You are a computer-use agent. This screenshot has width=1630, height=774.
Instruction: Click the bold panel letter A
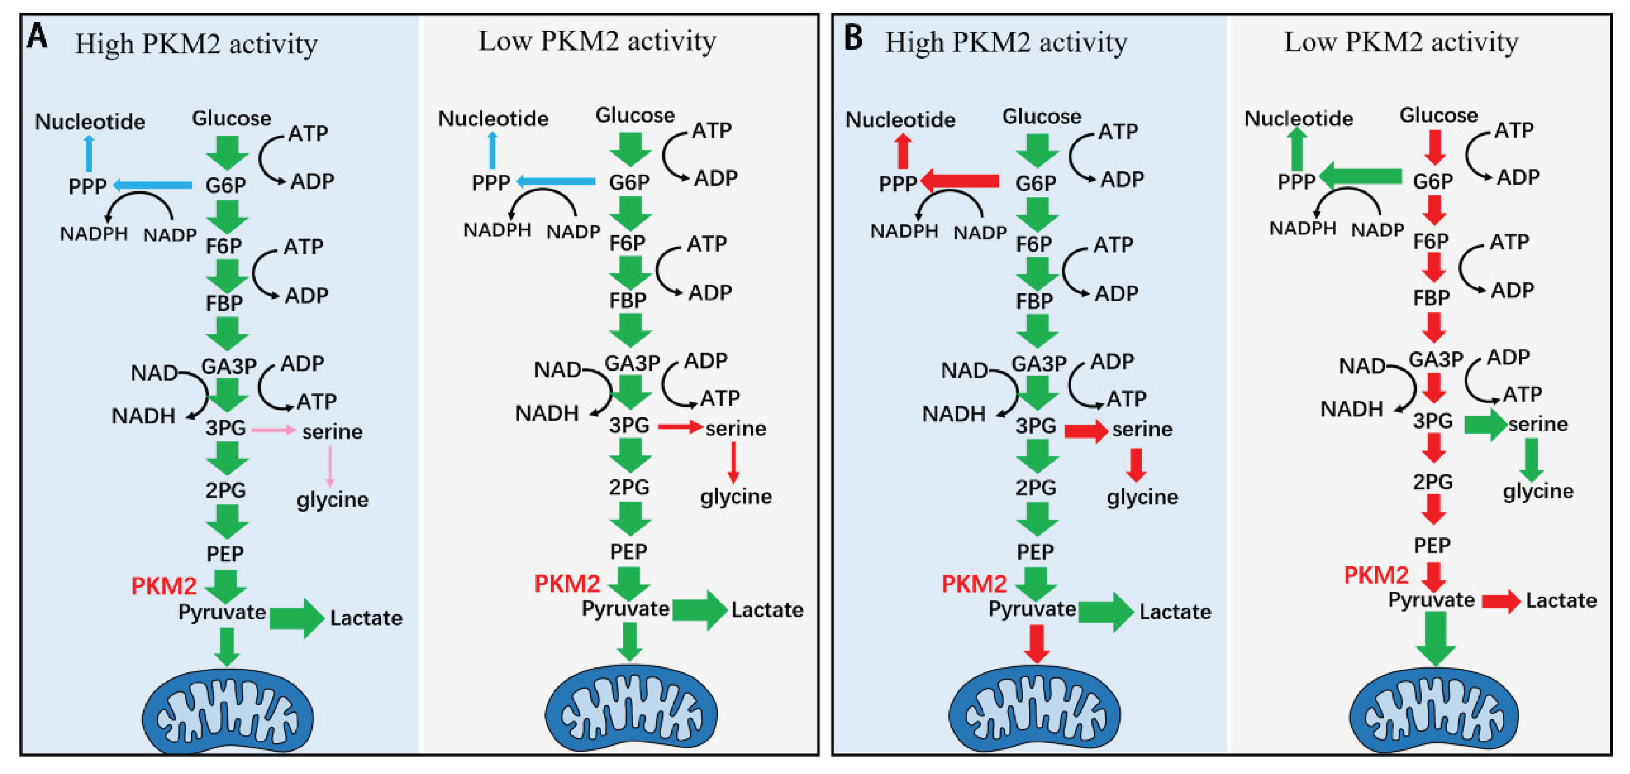37,36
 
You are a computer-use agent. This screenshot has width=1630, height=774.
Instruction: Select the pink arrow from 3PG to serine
273,430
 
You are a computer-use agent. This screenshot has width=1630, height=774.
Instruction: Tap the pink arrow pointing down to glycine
330,466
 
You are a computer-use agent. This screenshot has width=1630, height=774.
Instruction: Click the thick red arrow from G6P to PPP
959,181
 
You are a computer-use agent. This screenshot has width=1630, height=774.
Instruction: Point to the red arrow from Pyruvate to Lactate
1500,601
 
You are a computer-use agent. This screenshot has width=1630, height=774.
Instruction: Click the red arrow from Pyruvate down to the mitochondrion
1036,644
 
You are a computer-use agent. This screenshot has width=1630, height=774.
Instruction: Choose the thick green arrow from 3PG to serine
1485,423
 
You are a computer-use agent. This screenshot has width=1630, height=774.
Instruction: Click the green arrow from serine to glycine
1532,459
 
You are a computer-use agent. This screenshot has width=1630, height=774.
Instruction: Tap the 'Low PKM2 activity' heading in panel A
597,41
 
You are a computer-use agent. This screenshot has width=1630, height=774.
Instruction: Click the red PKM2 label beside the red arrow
1376,575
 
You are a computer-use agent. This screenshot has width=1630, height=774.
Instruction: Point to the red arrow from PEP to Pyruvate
1434,576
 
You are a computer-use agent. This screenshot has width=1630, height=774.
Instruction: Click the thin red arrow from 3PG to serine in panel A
680,428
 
